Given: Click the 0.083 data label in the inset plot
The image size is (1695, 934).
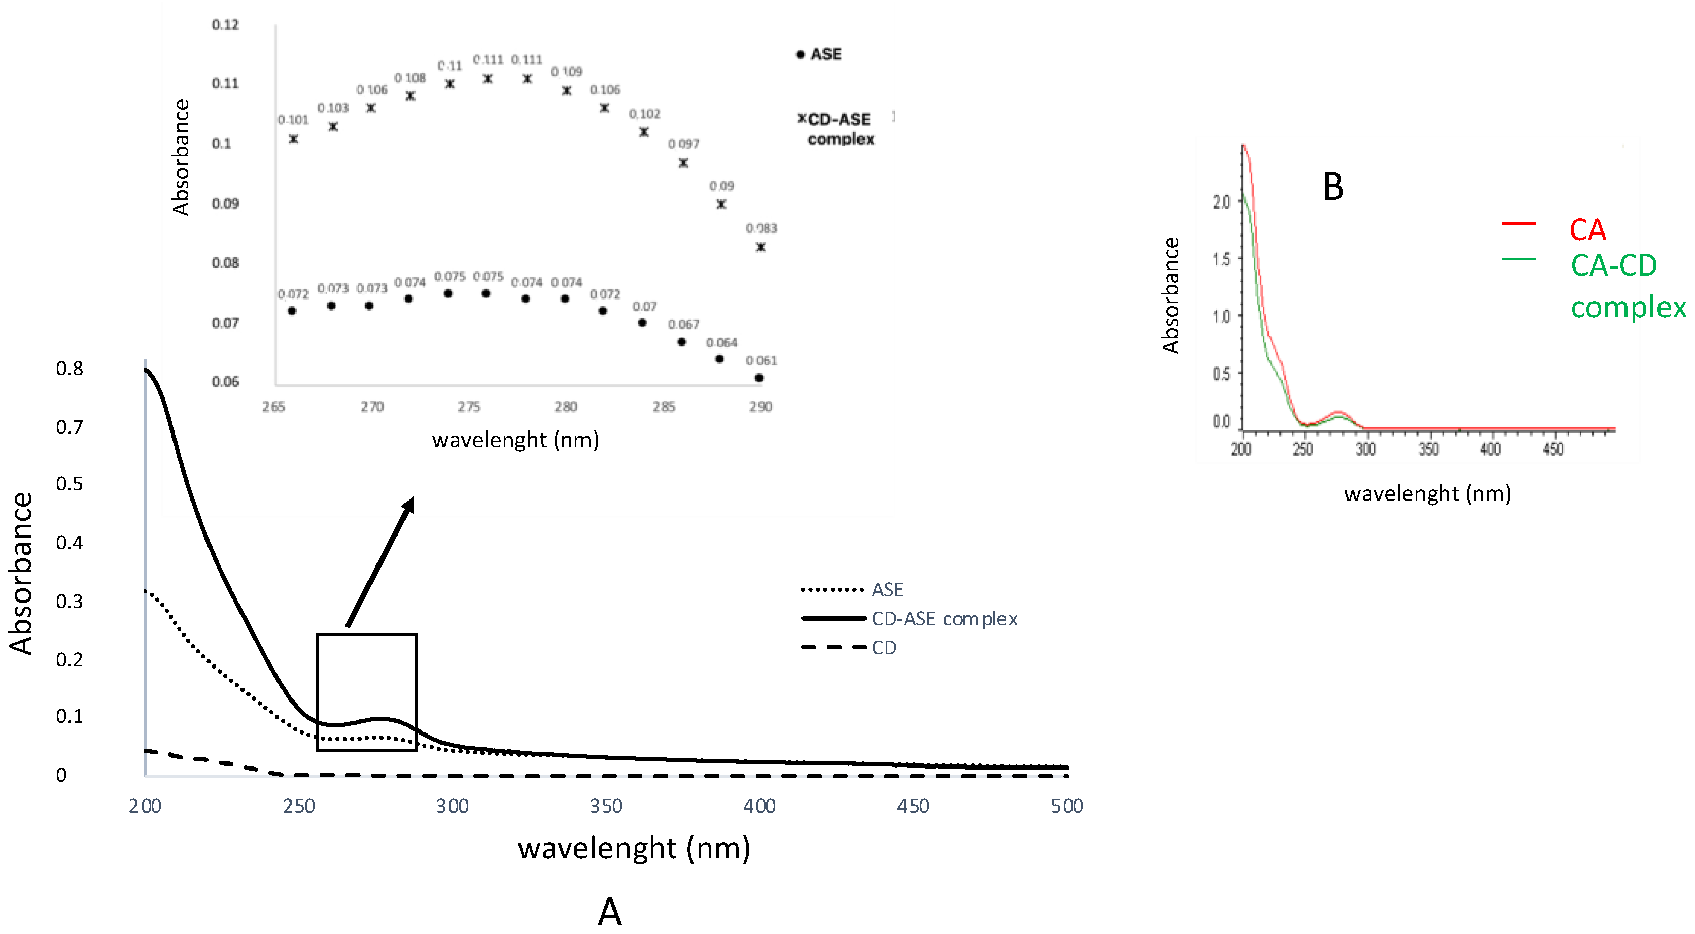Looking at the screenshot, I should tap(762, 228).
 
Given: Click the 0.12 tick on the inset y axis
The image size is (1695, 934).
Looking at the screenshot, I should tap(225, 25).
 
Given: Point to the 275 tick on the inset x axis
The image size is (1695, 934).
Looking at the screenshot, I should tap(468, 407).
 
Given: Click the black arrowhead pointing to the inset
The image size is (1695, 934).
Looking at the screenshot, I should tap(409, 505).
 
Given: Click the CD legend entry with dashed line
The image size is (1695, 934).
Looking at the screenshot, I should tap(884, 648).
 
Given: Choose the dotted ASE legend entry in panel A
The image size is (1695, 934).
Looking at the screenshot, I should tap(887, 590).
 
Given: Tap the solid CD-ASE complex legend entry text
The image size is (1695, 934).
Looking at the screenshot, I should tap(944, 619).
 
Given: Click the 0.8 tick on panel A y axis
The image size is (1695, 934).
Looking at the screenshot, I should tap(70, 369).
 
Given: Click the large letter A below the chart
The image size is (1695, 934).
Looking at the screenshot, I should tap(609, 912).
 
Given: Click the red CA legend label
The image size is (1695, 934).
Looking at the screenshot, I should tap(1587, 230).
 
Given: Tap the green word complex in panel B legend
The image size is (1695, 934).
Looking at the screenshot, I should tap(1628, 308).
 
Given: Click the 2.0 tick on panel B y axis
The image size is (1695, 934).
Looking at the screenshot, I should tap(1221, 202).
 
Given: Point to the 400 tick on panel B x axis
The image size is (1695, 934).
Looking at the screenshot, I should tap(1490, 450).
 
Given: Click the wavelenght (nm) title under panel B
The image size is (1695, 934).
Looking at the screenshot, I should tap(1427, 494).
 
